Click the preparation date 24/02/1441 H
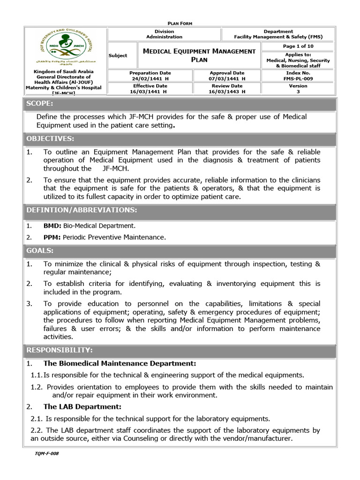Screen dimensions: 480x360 point(150,79)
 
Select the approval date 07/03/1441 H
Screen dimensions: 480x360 point(226,79)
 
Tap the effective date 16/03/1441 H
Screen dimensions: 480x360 point(150,92)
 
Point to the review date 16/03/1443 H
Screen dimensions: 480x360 point(226,92)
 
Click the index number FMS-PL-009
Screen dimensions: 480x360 point(298,79)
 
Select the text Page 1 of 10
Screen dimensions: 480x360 point(298,46)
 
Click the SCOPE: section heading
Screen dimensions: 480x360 point(40,104)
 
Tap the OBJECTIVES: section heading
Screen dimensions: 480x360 point(50,139)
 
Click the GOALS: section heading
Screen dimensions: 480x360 point(40,251)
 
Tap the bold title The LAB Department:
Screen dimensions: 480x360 point(82,406)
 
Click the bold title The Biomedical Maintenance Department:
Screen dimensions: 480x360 point(120,363)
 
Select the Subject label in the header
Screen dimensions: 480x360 point(118,55)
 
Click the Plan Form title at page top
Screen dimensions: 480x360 point(180,23)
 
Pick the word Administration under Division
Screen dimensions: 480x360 point(164,37)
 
